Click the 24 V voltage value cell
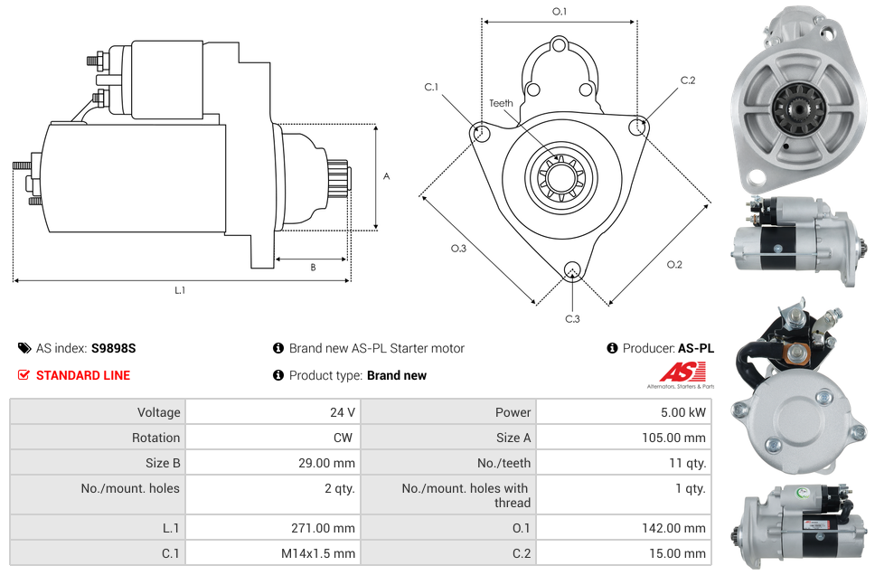(342, 412)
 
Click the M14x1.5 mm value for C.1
(320, 553)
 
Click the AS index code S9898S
(114, 348)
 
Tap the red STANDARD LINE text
(83, 375)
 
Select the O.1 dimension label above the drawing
(560, 12)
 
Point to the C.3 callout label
(572, 318)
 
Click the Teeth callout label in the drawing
(501, 103)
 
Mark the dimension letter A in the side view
(386, 176)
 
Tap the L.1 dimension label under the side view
(180, 290)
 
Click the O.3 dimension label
(458, 249)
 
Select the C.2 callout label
(688, 80)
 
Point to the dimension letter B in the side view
(313, 268)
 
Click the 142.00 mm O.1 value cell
(676, 528)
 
